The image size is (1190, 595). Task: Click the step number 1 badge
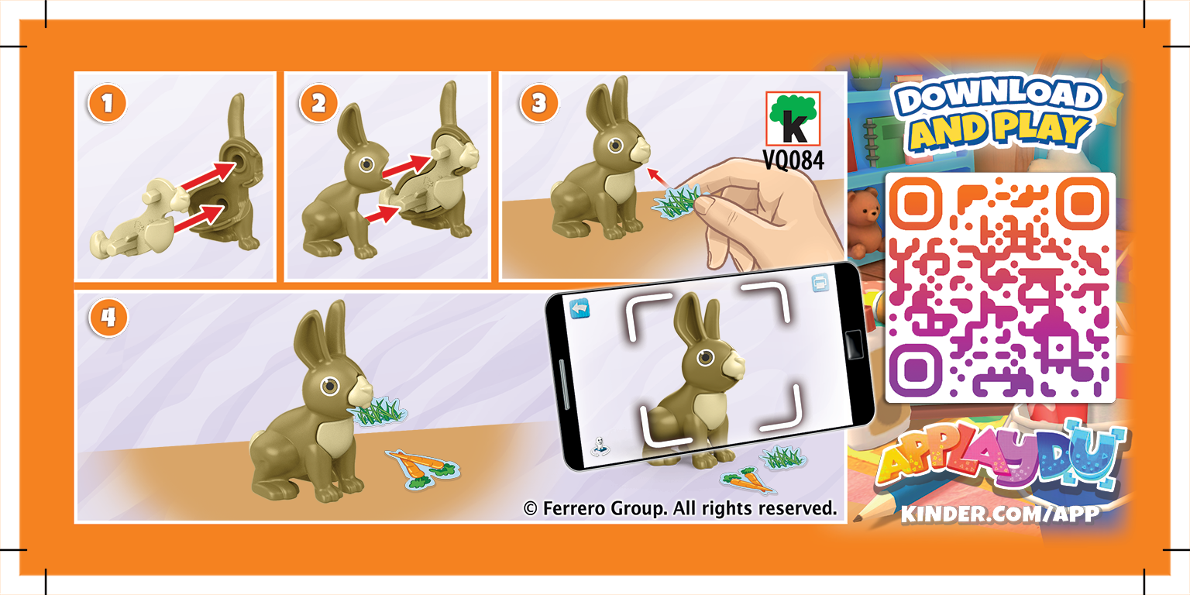tap(108, 105)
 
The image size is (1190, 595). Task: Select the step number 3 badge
tap(533, 105)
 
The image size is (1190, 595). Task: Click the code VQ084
tap(794, 160)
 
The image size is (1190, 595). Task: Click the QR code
tap(999, 287)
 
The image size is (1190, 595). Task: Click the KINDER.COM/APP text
tap(999, 513)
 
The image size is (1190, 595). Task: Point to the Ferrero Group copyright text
tap(680, 508)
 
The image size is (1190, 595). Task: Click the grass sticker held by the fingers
tap(676, 203)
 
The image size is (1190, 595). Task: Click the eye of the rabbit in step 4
tap(331, 385)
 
